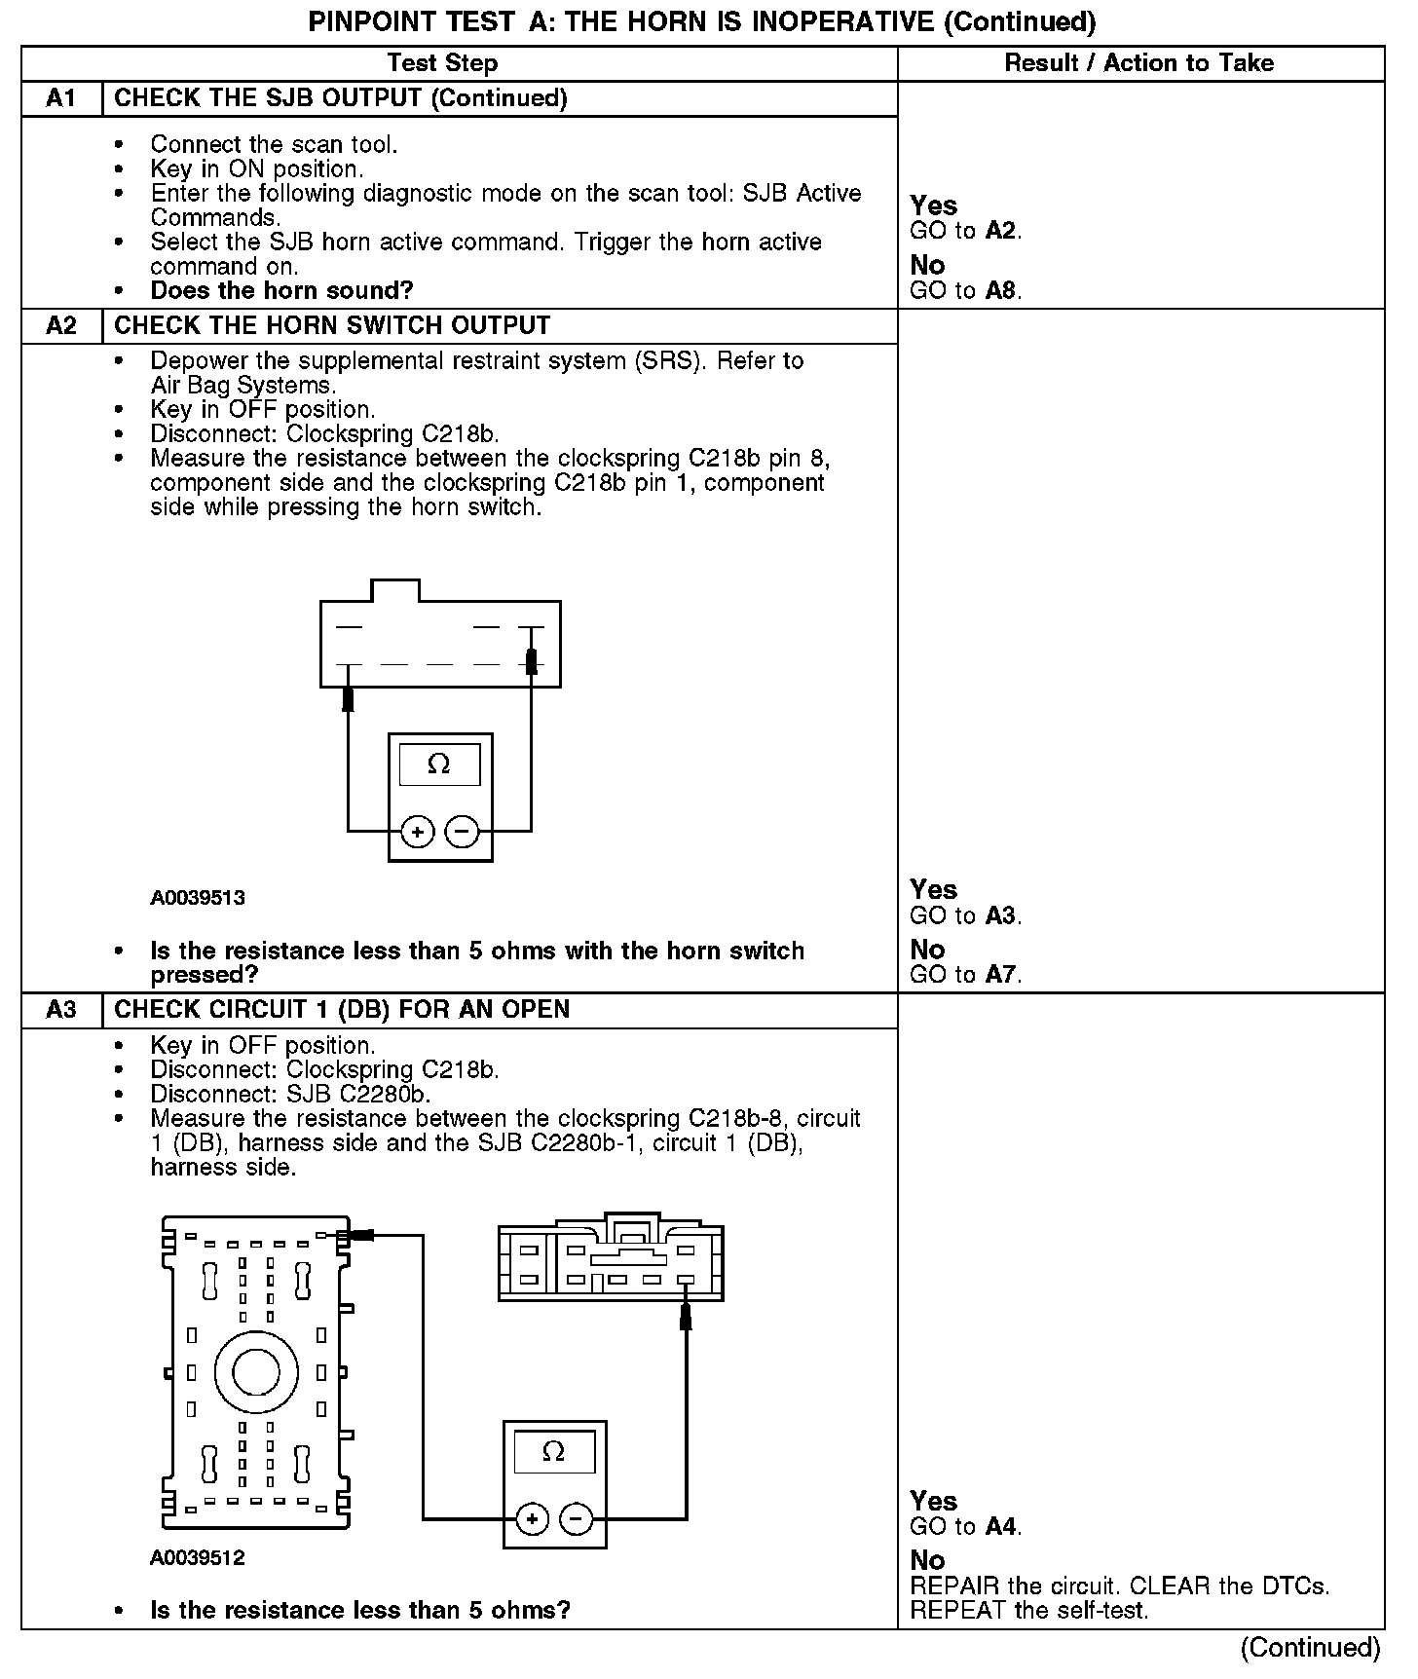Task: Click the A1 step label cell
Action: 61,98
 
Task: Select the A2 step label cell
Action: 61,326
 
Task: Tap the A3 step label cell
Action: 61,1010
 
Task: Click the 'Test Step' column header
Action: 442,63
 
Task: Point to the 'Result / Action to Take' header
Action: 1138,63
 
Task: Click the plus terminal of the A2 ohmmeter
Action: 417,832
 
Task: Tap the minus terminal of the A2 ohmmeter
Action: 463,832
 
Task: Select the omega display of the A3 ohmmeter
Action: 553,1452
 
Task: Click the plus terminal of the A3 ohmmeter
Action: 532,1518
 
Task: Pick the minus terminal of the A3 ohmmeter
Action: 577,1518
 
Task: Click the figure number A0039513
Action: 198,898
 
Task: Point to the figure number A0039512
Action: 198,1557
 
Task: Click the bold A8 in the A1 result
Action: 1002,290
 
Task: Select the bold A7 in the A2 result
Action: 1002,974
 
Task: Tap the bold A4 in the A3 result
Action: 1002,1526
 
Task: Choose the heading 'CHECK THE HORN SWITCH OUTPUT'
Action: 332,326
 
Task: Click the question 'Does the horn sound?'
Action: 281,290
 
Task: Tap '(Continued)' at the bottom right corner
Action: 1310,1648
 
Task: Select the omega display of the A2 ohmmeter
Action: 439,765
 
